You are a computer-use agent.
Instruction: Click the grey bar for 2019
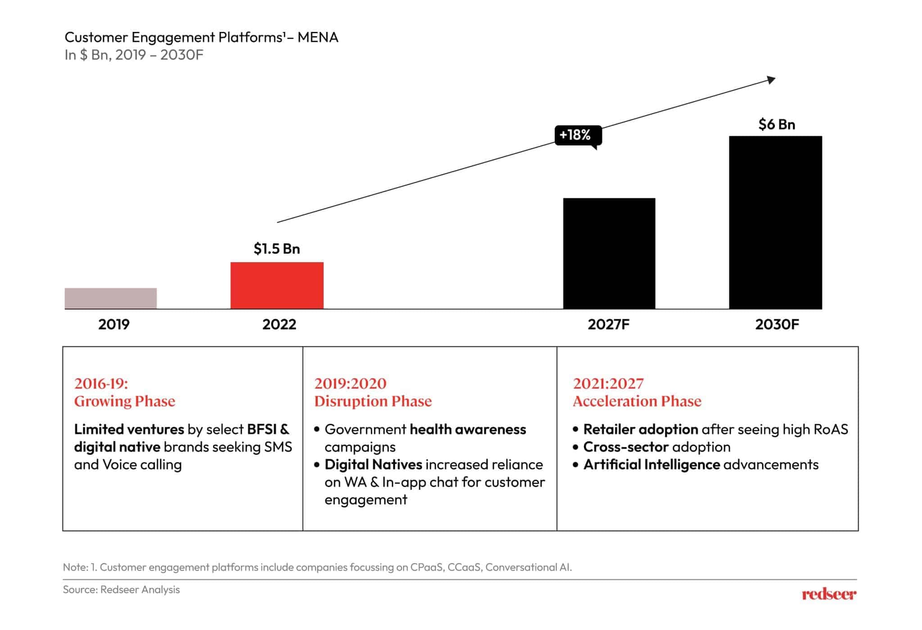tap(110, 298)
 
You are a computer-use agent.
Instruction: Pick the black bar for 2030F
tap(775, 222)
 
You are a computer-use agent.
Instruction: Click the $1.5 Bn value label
tap(276, 249)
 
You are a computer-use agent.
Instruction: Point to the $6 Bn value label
tap(777, 124)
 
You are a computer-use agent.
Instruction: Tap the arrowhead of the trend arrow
tap(771, 80)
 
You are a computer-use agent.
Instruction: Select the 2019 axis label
tap(114, 324)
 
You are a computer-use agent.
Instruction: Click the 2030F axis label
tap(777, 324)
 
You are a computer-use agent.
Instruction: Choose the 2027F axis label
tap(608, 324)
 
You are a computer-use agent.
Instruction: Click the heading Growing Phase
tap(125, 401)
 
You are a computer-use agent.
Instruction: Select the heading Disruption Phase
tap(373, 401)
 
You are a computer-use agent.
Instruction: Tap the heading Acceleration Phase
tap(637, 401)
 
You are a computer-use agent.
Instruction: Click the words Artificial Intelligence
tap(651, 464)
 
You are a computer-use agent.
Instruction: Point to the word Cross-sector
tap(626, 447)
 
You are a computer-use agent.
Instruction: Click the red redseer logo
tap(829, 594)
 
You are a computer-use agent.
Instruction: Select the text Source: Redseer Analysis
tap(121, 589)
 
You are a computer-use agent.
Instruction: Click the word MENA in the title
tap(318, 37)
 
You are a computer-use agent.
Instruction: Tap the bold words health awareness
tap(467, 429)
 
